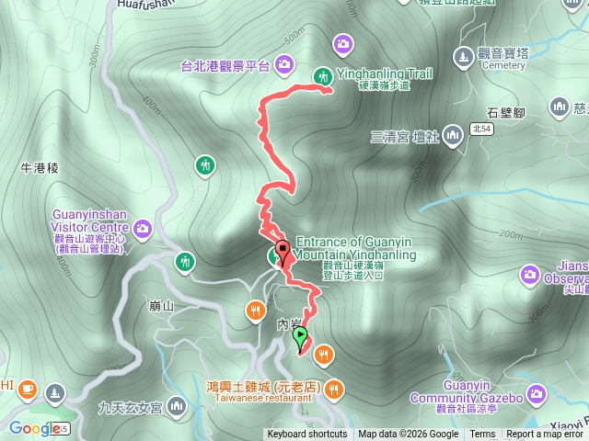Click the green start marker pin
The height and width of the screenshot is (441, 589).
point(301,337)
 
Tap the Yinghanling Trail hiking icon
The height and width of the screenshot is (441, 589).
point(323,76)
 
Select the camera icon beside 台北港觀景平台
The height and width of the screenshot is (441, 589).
point(284,64)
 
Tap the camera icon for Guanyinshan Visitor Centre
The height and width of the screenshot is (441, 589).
point(143,227)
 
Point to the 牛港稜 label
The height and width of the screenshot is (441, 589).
point(39,168)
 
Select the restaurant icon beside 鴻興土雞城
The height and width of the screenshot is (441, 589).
point(333,388)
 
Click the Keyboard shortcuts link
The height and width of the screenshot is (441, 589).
point(307,435)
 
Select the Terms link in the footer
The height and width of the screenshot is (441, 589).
point(482,435)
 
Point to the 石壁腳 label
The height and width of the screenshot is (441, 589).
point(505,113)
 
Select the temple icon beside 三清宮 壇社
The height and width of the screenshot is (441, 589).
point(452,137)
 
